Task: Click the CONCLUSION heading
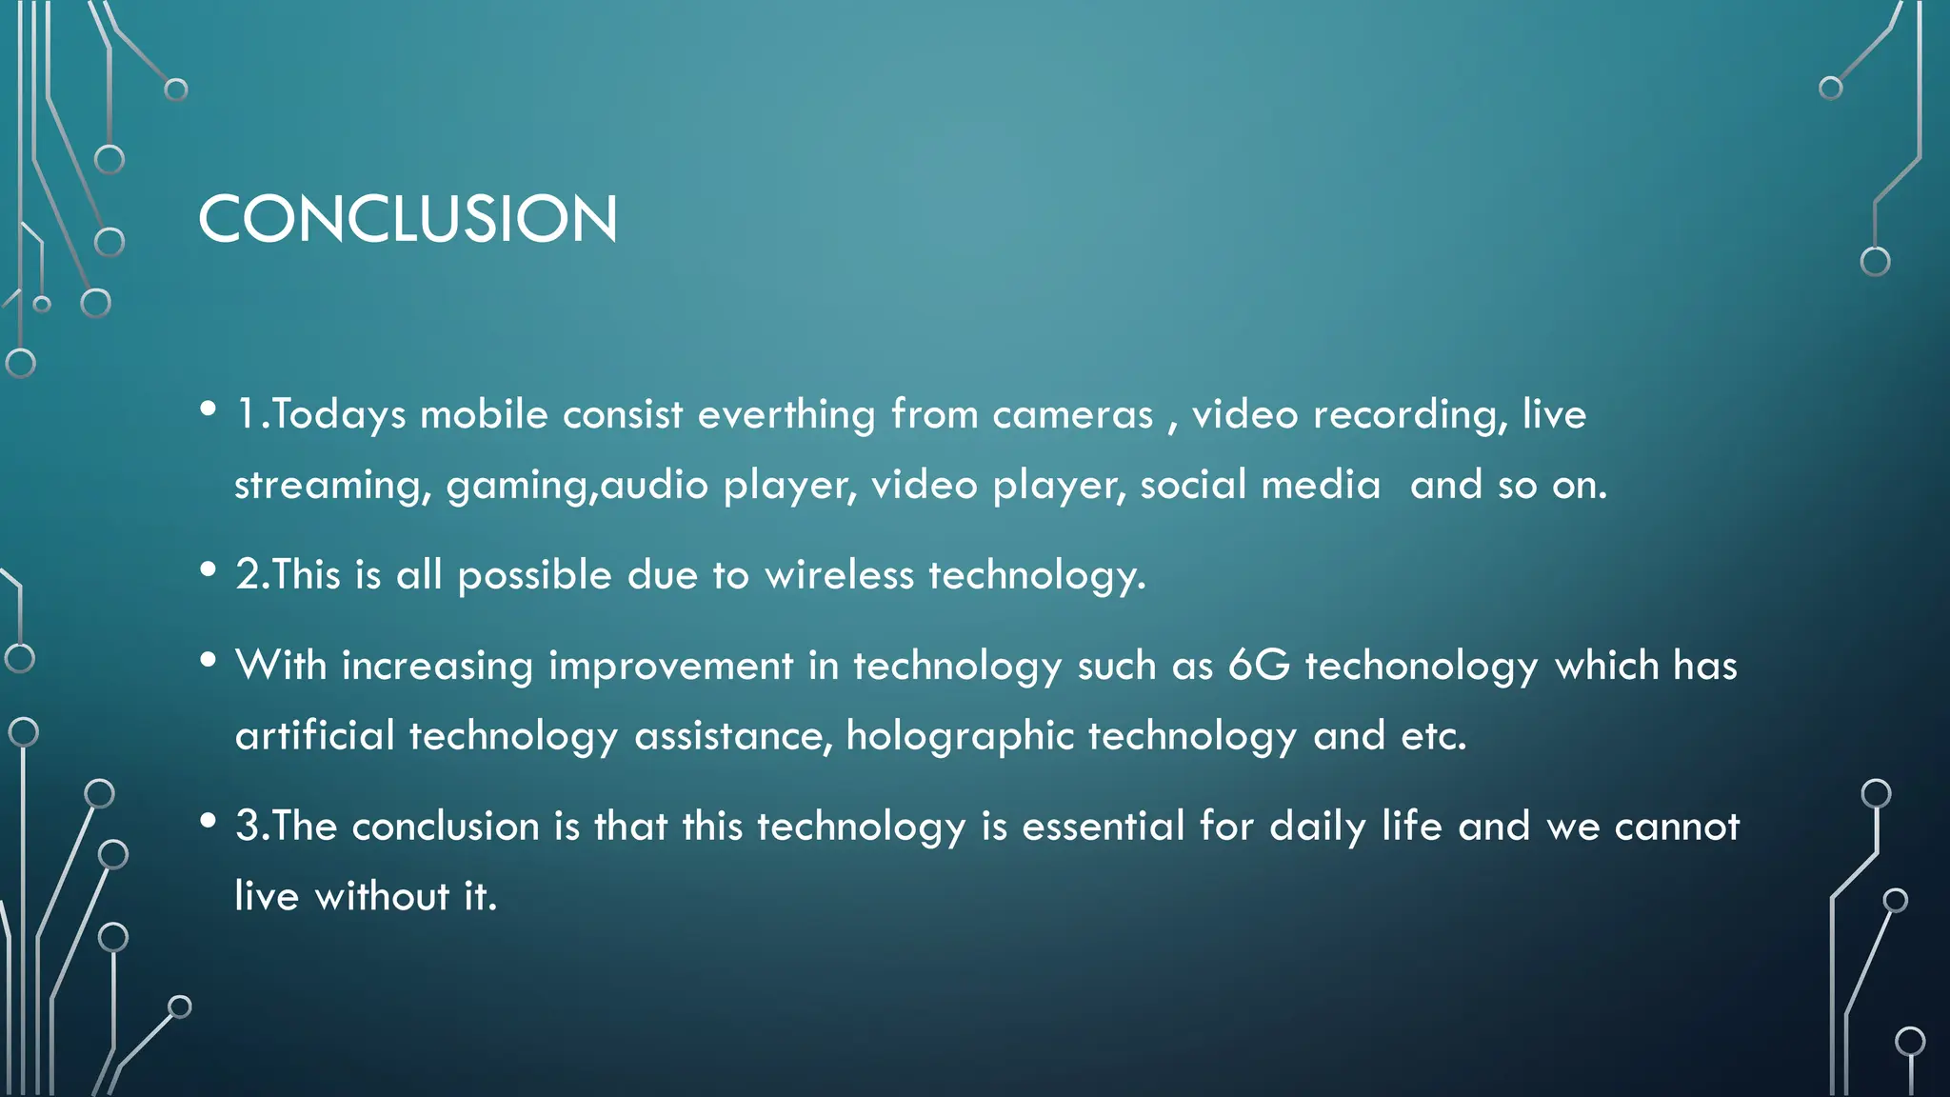[408, 219]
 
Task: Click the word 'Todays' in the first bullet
[339, 415]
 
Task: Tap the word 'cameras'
[1072, 415]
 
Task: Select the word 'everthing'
[786, 415]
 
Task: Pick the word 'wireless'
[839, 575]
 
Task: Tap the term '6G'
[1259, 665]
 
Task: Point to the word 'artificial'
[315, 736]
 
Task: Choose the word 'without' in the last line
[382, 897]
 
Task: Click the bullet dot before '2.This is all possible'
[209, 569]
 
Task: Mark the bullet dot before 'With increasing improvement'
[209, 659]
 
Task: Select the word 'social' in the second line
[1193, 486]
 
